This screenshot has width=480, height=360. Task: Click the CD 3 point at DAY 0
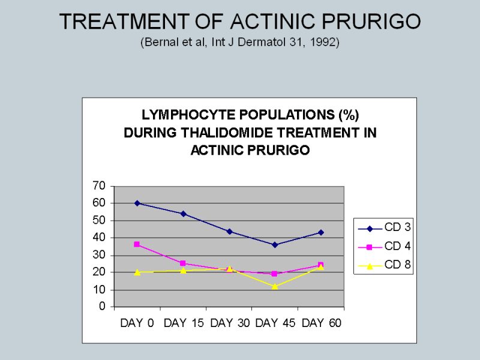[x=137, y=203]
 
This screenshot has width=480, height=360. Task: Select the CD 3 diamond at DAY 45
[x=275, y=245]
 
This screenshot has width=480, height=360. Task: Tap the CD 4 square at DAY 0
[x=137, y=244]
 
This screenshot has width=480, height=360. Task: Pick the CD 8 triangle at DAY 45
[x=275, y=286]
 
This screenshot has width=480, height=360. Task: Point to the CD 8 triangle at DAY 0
[x=137, y=272]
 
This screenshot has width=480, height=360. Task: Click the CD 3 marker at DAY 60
[x=320, y=232]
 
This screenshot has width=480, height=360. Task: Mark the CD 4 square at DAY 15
[x=183, y=263]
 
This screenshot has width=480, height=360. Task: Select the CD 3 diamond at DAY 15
[x=183, y=214]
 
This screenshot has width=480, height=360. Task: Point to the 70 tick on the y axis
[x=99, y=186]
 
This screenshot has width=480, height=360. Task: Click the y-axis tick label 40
[x=99, y=238]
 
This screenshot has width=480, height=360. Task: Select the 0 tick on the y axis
[x=102, y=307]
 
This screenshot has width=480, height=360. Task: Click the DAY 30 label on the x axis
[x=229, y=323]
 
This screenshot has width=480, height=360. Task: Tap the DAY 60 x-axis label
[x=322, y=323]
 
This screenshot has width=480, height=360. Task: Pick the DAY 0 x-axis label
[x=137, y=323]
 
